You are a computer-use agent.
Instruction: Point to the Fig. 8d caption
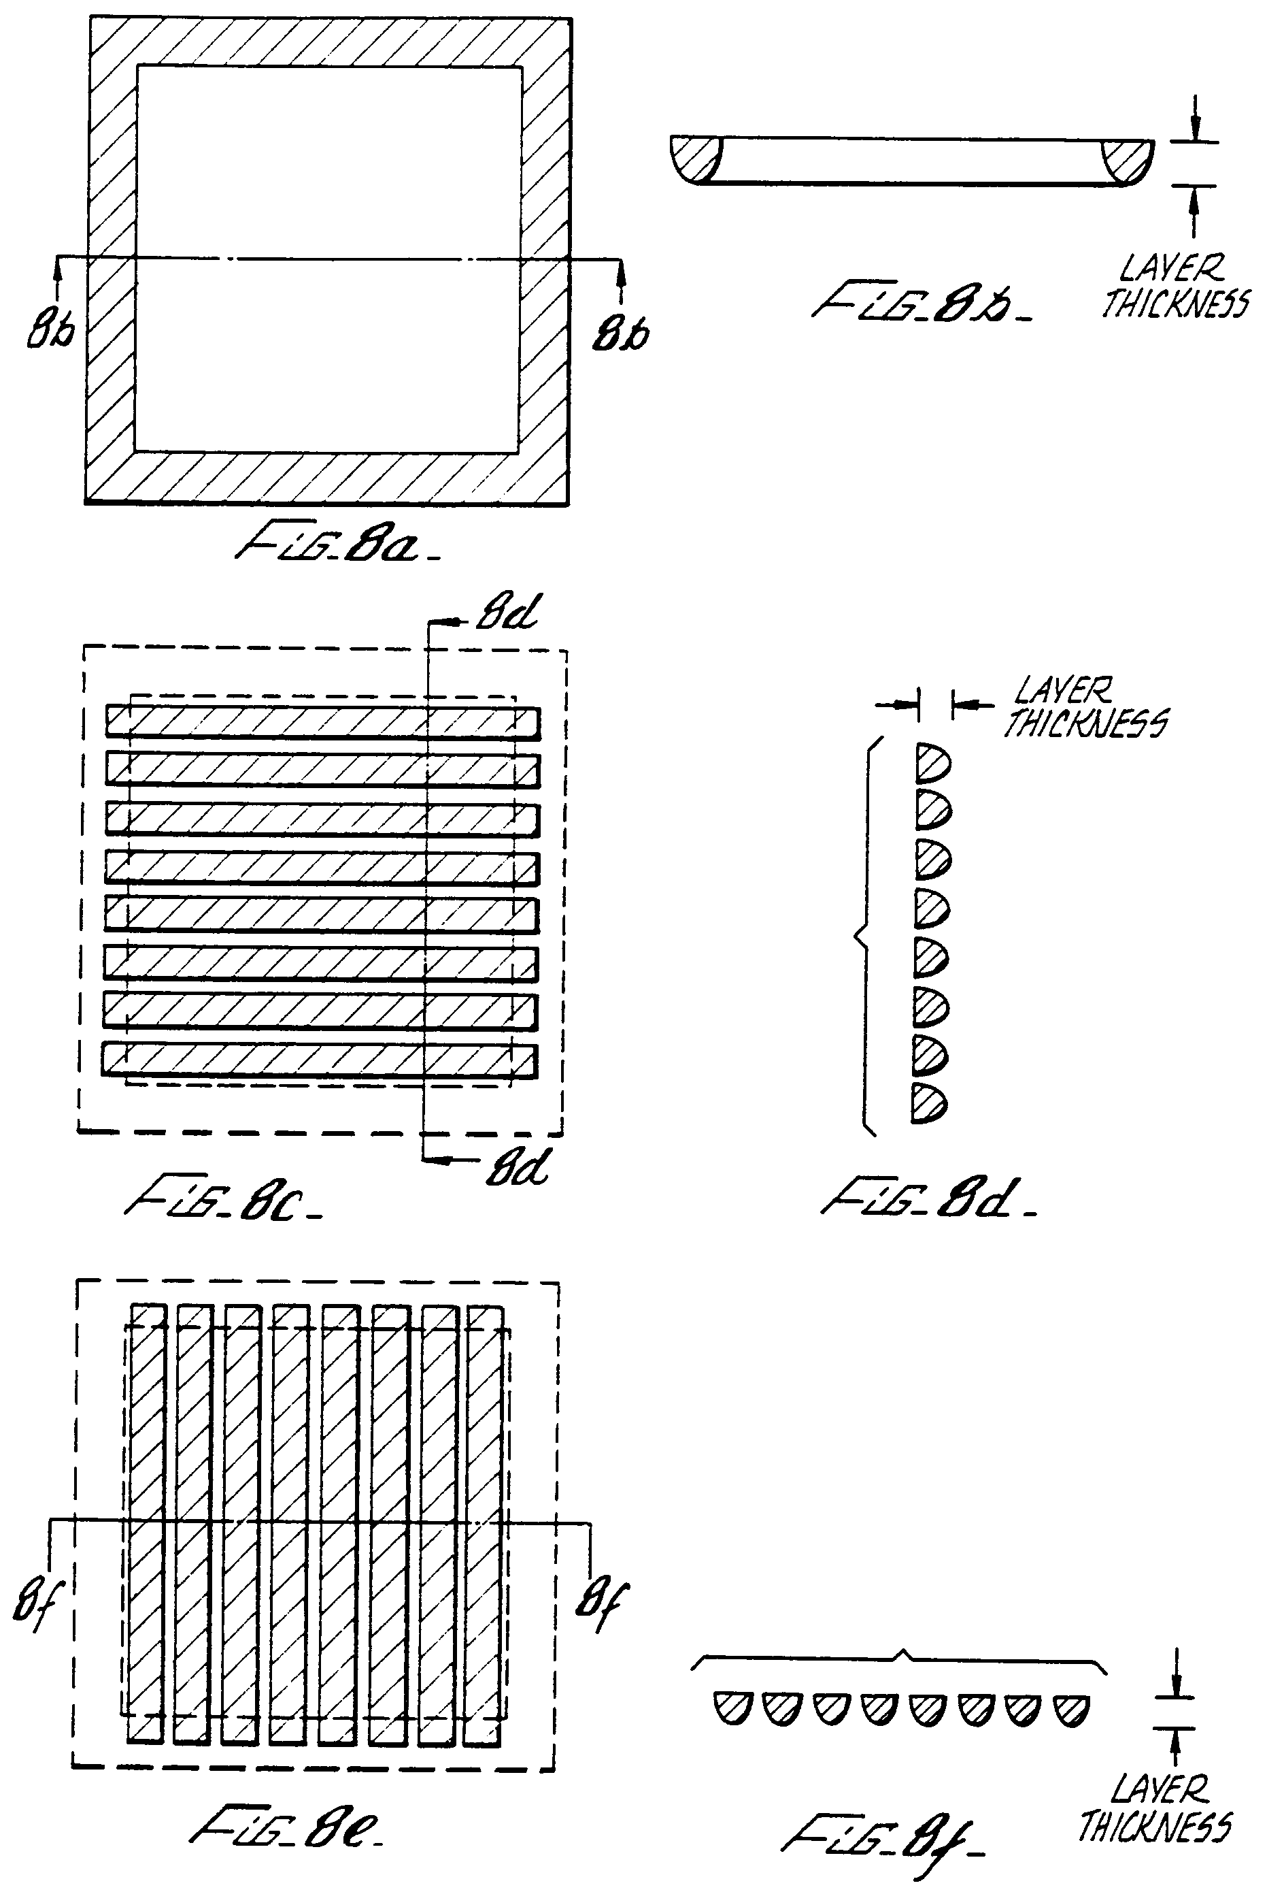click(x=928, y=1198)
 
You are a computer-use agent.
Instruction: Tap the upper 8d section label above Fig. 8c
click(x=506, y=613)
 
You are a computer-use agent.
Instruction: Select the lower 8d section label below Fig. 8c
click(x=518, y=1167)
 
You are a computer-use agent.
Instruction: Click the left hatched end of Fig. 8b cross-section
click(x=695, y=158)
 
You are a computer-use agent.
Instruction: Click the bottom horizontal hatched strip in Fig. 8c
click(x=319, y=1061)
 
